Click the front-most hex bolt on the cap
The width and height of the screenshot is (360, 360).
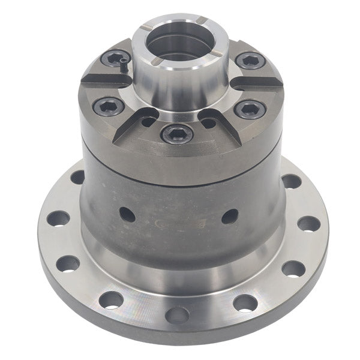(177, 133)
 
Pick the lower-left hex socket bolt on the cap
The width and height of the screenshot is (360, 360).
(109, 106)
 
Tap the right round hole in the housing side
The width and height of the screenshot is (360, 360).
(230, 216)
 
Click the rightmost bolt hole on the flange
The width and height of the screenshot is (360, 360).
(308, 224)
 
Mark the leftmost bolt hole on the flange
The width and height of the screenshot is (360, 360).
(58, 218)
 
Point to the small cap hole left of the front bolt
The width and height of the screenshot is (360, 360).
(148, 122)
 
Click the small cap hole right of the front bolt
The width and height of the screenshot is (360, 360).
(208, 123)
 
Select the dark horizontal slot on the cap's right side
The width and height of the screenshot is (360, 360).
(254, 82)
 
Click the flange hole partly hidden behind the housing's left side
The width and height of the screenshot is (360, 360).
(77, 177)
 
